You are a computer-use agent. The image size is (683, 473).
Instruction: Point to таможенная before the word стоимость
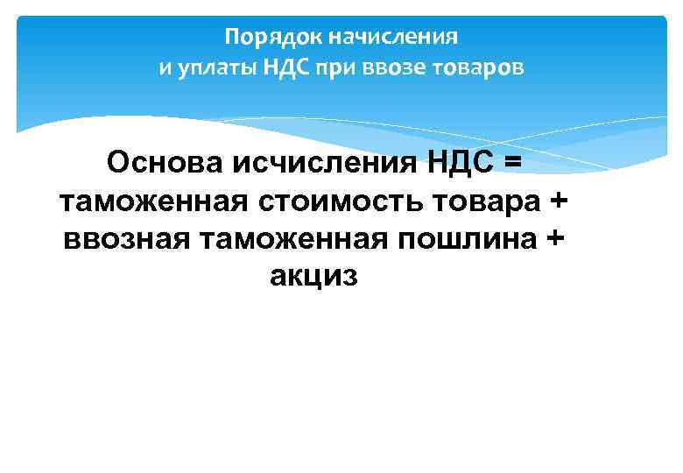[x=155, y=201]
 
